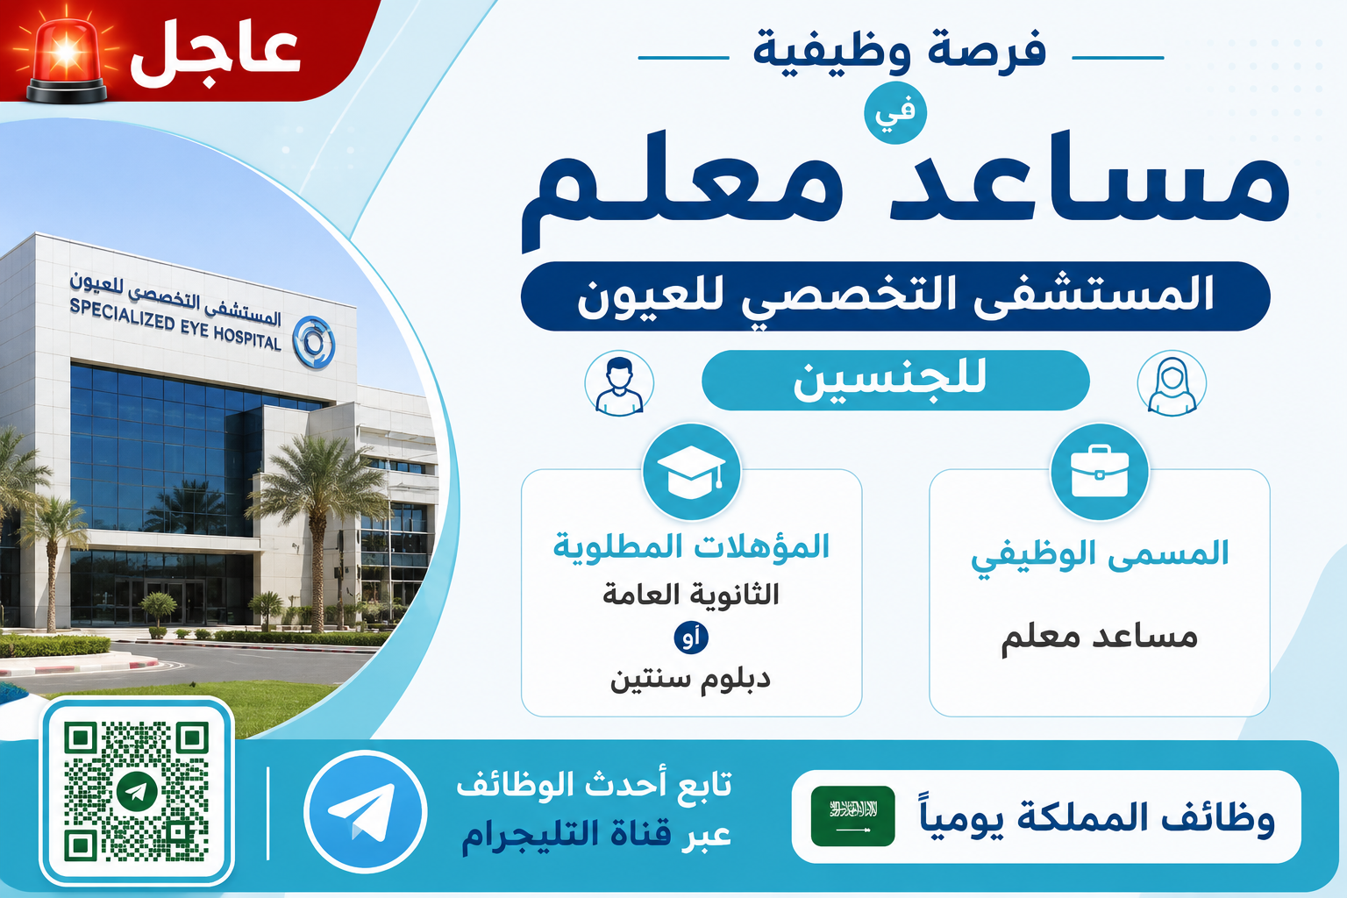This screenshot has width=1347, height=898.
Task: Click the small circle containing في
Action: click(894, 112)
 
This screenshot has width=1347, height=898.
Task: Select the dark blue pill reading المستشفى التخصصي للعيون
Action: click(895, 296)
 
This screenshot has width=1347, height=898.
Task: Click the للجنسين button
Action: click(895, 380)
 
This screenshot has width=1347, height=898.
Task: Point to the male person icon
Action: click(619, 384)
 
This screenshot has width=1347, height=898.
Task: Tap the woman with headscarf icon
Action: click(1172, 384)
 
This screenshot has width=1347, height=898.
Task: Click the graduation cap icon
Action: click(692, 472)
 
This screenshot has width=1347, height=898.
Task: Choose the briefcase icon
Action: click(1099, 472)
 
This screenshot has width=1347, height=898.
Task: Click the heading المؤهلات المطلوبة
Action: click(692, 546)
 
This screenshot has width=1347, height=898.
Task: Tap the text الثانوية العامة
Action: click(692, 595)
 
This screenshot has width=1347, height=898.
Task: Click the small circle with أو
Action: click(691, 638)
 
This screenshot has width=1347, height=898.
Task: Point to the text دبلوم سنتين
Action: click(690, 680)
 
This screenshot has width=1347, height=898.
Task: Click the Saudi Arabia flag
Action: click(852, 816)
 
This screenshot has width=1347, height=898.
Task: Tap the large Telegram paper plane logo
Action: click(365, 811)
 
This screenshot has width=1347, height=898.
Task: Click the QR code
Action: click(137, 791)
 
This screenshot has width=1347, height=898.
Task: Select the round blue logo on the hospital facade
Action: click(313, 342)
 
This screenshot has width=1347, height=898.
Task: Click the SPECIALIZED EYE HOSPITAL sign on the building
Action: click(175, 324)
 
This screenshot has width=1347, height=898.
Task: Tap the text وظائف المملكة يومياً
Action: click(1097, 818)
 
